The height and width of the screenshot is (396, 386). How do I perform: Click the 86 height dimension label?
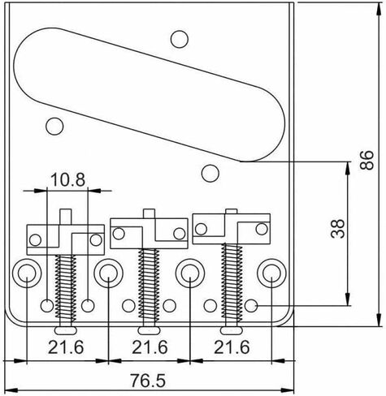pyautogui.click(x=366, y=160)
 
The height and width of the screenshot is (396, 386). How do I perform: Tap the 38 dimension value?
pyautogui.click(x=338, y=229)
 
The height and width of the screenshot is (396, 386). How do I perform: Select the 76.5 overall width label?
pyautogui.click(x=148, y=381)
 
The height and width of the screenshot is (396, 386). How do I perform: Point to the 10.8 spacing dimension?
pyautogui.click(x=67, y=180)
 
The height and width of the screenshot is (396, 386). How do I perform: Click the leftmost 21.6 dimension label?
pyautogui.click(x=66, y=347)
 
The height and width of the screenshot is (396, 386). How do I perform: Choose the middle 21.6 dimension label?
pyautogui.click(x=150, y=347)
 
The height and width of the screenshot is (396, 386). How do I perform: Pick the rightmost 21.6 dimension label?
pyautogui.click(x=232, y=347)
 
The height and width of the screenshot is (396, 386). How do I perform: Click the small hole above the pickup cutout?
pyautogui.click(x=180, y=39)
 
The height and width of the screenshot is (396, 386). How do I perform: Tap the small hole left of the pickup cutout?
pyautogui.click(x=54, y=126)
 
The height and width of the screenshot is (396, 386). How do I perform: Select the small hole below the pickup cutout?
pyautogui.click(x=210, y=173)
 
